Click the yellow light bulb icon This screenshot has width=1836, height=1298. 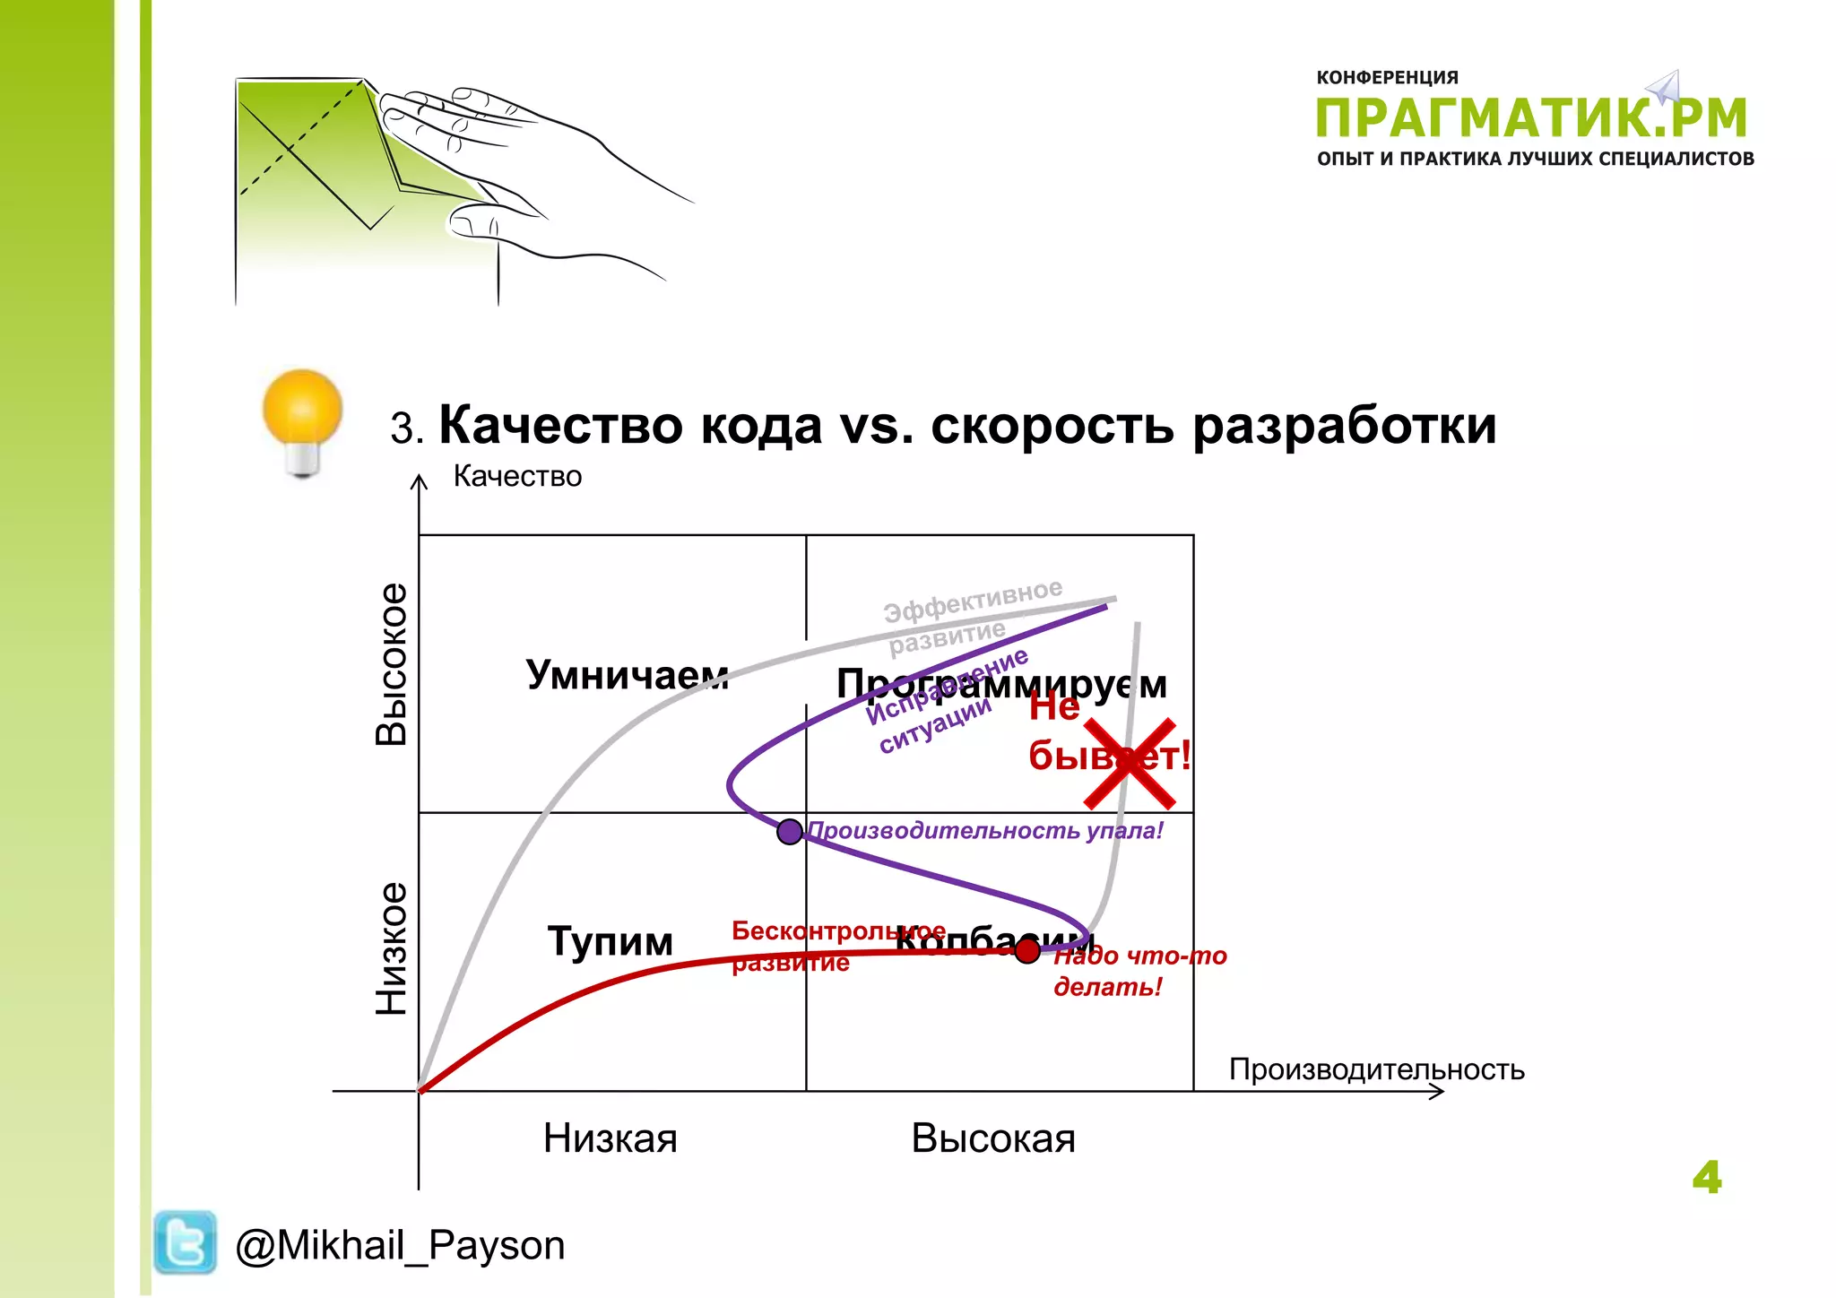(x=302, y=421)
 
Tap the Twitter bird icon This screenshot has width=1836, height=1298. (x=185, y=1242)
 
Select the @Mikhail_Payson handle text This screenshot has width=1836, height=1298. (x=400, y=1245)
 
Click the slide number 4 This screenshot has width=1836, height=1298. (x=1706, y=1177)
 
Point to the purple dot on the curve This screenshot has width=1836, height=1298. (x=790, y=832)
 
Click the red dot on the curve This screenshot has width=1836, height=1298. (x=1027, y=950)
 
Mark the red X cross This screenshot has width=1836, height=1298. (x=1130, y=763)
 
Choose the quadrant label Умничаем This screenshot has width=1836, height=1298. (x=627, y=674)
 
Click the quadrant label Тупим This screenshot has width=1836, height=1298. (x=610, y=941)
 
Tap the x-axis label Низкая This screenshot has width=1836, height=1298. (x=610, y=1138)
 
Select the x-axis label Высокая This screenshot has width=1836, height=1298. (x=993, y=1138)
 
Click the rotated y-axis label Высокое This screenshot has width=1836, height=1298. (x=391, y=664)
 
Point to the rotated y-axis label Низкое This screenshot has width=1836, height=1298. (x=391, y=949)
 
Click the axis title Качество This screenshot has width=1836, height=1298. (x=517, y=476)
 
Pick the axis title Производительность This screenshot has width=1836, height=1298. (x=1376, y=1069)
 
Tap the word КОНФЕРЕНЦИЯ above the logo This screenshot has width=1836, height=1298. (x=1387, y=78)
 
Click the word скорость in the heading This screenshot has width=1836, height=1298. (x=1052, y=426)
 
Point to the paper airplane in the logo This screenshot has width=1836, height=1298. (x=1664, y=88)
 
